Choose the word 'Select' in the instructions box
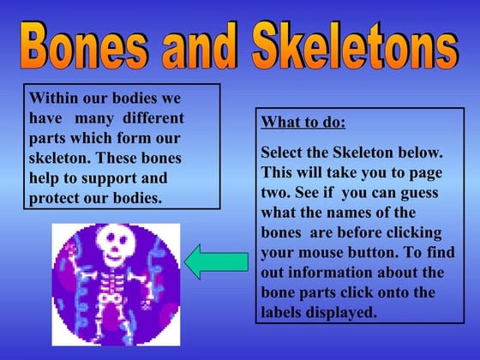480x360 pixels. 283,152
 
